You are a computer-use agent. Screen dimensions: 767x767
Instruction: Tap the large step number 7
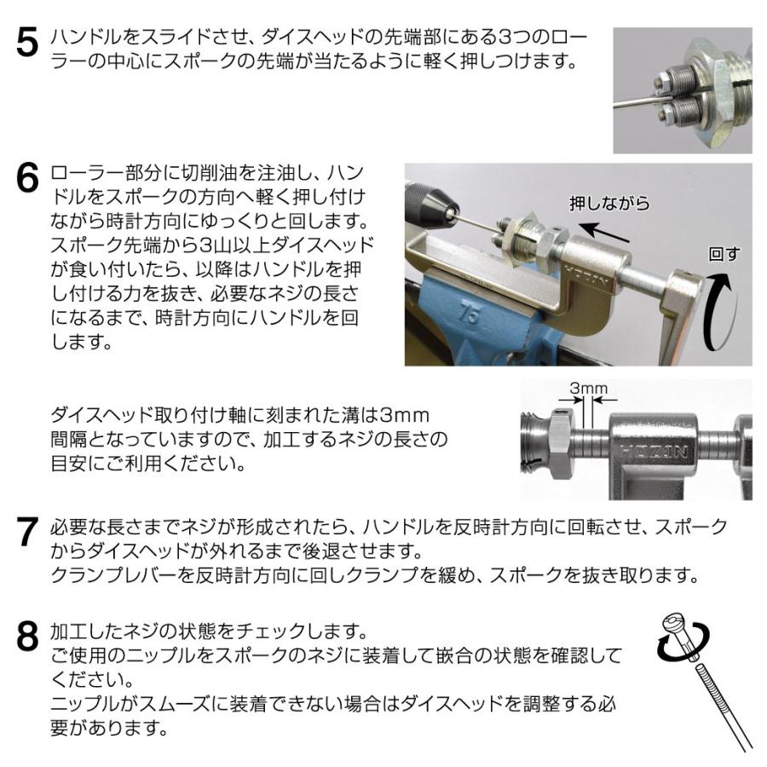tap(27, 534)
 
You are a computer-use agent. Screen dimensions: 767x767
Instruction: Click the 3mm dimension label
tap(588, 390)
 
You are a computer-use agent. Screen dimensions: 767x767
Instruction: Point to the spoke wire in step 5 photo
tap(635, 101)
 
